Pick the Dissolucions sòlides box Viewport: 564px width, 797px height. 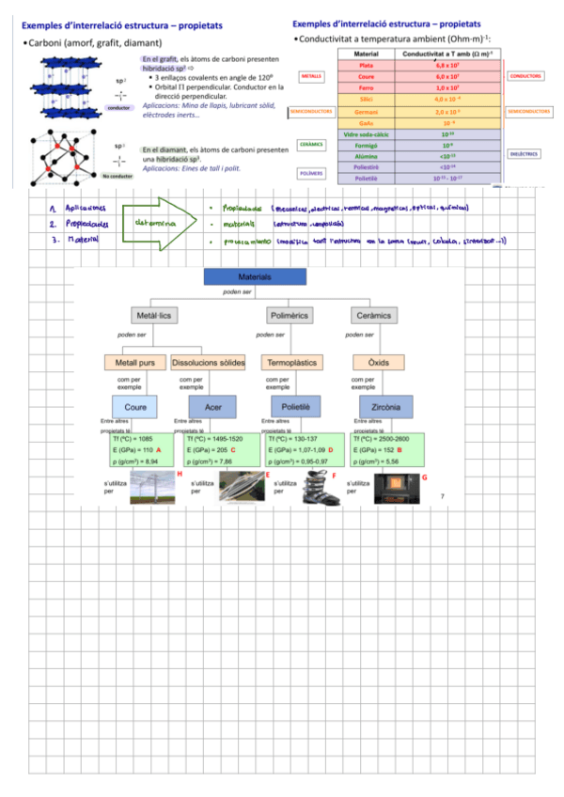coord(209,362)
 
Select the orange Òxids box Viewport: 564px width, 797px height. coord(371,362)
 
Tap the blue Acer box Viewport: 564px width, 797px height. coord(205,407)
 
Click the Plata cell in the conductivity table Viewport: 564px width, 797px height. coord(366,66)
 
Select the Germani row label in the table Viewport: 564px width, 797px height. coord(366,111)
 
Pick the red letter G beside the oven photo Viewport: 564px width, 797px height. coord(425,477)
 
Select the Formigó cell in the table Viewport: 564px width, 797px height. coord(366,145)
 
